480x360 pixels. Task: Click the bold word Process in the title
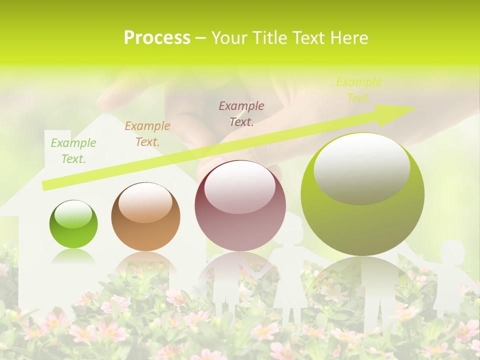(x=157, y=38)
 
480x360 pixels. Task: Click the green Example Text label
(x=73, y=151)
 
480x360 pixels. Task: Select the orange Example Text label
(x=147, y=134)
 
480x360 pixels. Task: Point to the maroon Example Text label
(x=241, y=113)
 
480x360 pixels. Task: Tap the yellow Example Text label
(x=358, y=89)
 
